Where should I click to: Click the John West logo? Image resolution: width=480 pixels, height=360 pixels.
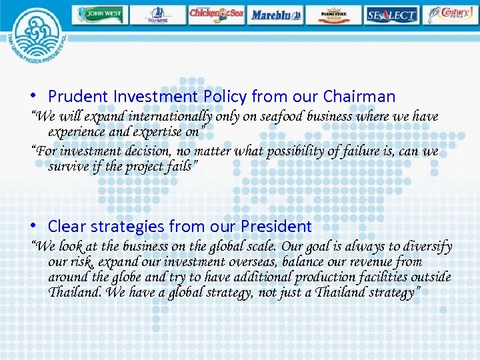click(99, 14)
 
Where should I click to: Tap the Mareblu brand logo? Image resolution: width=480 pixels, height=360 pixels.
click(275, 14)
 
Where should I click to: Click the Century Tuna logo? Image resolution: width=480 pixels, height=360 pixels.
click(451, 14)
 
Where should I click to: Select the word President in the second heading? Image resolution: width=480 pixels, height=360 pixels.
click(277, 227)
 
